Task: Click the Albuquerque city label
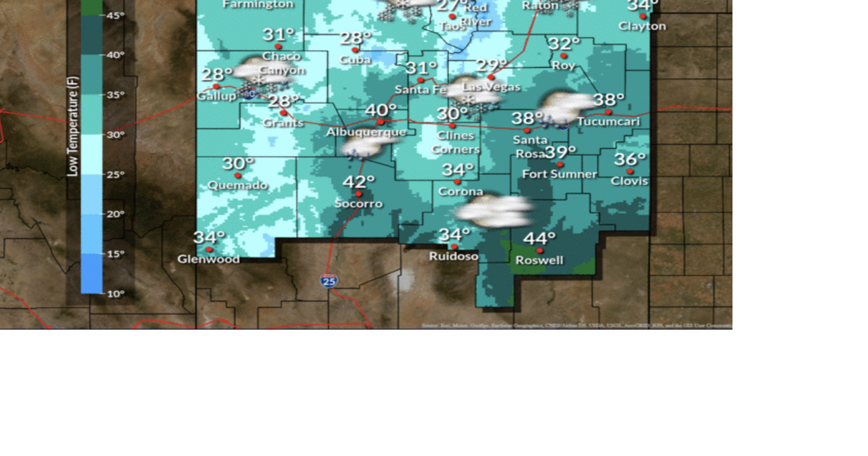[x=366, y=132]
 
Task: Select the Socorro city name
[x=358, y=203]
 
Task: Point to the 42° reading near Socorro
[x=358, y=181]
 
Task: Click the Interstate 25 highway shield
[x=328, y=281]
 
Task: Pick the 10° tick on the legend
[x=115, y=294]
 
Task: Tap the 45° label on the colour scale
[x=115, y=15]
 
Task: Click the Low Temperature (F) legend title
[x=73, y=126]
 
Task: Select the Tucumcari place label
[x=608, y=121]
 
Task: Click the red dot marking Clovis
[x=629, y=172]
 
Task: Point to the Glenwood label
[x=208, y=259]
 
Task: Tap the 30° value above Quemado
[x=237, y=163]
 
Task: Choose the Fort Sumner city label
[x=559, y=174]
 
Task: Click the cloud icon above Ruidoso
[x=494, y=211]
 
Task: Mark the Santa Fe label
[x=421, y=90]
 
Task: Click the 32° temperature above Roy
[x=563, y=43]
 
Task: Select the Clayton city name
[x=642, y=26]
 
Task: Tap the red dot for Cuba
[x=355, y=50]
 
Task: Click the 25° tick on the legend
[x=115, y=175]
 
